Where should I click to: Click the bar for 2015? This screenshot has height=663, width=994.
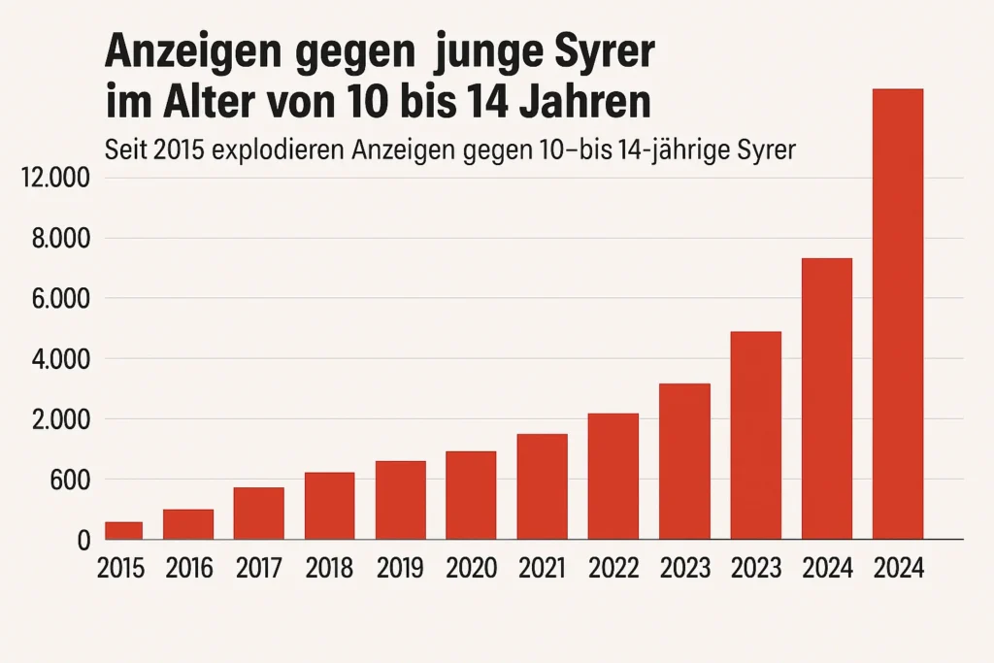pyautogui.click(x=123, y=530)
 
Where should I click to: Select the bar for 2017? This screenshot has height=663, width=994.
pyautogui.click(x=258, y=514)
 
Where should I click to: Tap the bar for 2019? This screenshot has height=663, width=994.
pyautogui.click(x=400, y=500)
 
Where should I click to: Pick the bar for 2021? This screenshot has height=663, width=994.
pyautogui.click(x=542, y=486)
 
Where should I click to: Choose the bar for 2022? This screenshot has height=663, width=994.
pyautogui.click(x=613, y=476)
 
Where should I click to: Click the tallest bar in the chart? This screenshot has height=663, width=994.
pyautogui.click(x=897, y=314)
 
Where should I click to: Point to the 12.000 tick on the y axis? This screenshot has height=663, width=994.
pyautogui.click(x=55, y=179)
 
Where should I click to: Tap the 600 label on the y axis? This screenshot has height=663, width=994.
pyautogui.click(x=68, y=480)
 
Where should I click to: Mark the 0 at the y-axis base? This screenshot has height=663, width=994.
pyautogui.click(x=83, y=541)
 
